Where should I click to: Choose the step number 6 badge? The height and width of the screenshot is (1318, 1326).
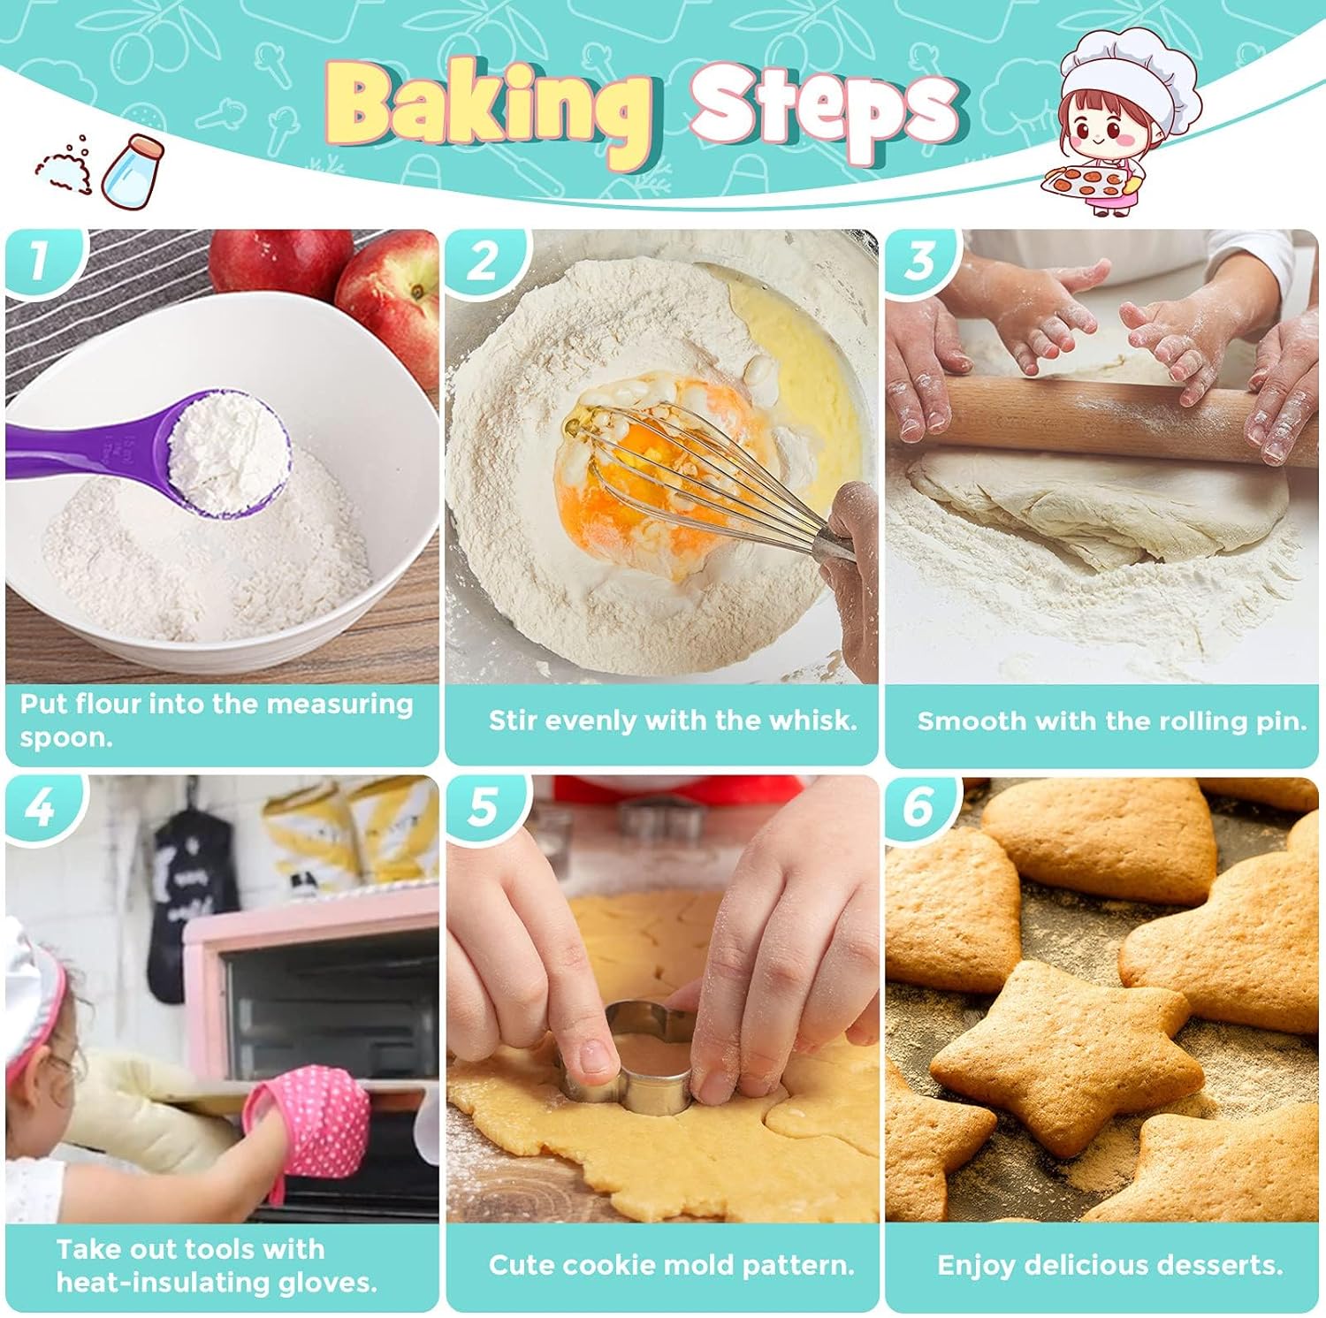pos(920,806)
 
